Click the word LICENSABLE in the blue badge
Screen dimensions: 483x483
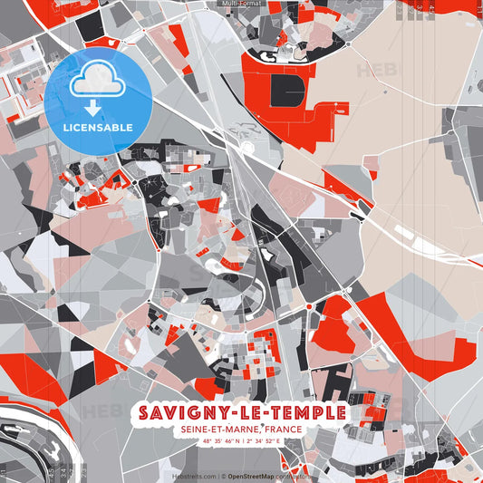98,127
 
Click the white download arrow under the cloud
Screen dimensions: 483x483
93,108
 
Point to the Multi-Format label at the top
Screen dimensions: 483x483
241,5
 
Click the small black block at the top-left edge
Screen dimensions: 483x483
91,27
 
